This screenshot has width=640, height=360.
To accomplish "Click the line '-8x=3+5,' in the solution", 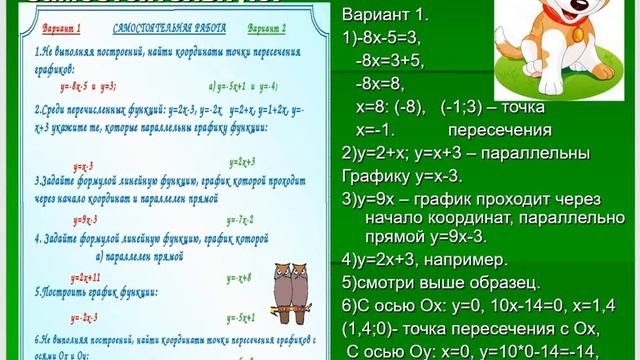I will pos(393,62).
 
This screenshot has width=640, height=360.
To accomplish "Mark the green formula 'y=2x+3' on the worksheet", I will pos(241,160).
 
